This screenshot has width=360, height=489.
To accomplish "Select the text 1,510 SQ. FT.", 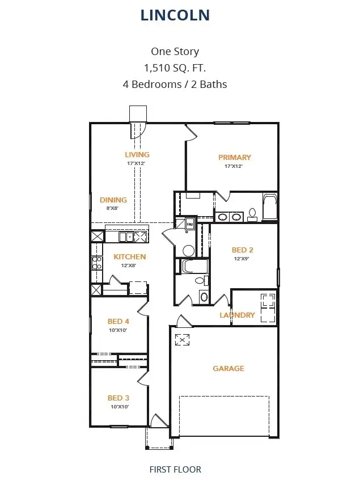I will click(x=175, y=68).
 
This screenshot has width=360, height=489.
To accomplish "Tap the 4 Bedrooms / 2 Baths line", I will click(x=175, y=85).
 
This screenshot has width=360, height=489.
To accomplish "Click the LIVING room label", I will click(x=137, y=154).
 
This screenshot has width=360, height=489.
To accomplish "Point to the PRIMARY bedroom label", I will click(x=235, y=157).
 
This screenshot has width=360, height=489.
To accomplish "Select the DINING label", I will click(x=113, y=200).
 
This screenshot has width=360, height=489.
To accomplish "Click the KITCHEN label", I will click(x=130, y=256).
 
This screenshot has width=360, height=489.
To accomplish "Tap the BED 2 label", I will click(x=242, y=250).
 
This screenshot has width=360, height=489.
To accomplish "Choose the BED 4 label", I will click(x=118, y=322).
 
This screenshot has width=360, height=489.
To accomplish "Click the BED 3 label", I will click(x=118, y=398).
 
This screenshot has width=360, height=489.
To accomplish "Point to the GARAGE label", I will click(x=228, y=368).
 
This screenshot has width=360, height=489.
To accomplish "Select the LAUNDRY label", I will click(x=237, y=315).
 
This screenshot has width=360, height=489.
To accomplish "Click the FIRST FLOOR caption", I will click(x=175, y=469).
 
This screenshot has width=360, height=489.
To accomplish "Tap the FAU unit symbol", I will click(x=189, y=225).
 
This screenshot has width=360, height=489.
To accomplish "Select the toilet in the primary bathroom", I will click(x=252, y=214).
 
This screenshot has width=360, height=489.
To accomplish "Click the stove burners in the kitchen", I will click(x=96, y=262).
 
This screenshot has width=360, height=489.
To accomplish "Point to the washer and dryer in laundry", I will click(x=268, y=307).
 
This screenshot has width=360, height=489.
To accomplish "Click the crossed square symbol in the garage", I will click(x=183, y=340).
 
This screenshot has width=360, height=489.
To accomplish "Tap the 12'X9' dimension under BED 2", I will click(x=242, y=259).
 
